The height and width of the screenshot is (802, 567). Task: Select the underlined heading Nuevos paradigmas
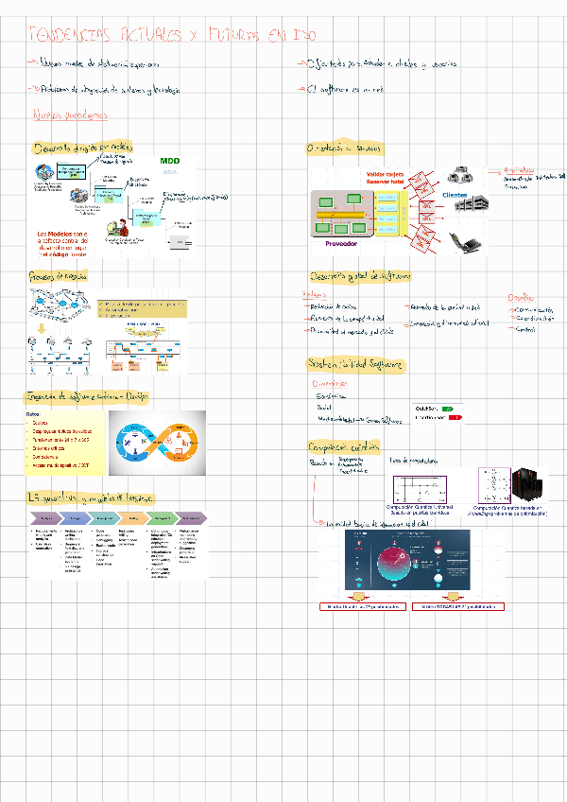click(x=71, y=115)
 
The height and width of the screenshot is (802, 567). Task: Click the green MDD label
click(x=170, y=161)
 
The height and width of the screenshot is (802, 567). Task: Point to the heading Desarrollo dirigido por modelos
click(x=83, y=148)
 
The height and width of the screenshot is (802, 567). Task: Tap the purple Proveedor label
click(x=341, y=243)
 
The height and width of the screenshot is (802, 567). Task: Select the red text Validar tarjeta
click(x=386, y=175)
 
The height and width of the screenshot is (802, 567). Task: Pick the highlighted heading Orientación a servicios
click(x=344, y=148)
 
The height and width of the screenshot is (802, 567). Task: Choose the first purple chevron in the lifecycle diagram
click(x=45, y=519)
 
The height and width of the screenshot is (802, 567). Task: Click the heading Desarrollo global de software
click(x=360, y=276)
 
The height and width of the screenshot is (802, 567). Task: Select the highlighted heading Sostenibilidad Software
click(x=356, y=363)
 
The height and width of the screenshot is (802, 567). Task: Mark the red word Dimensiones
click(x=330, y=384)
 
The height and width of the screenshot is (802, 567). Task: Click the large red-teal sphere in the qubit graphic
click(x=412, y=565)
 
